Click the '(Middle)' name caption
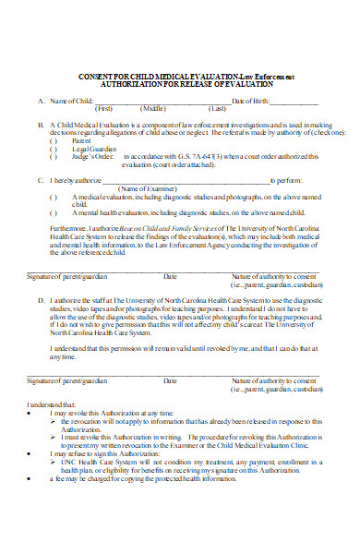(x=152, y=108)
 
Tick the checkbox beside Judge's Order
(x=53, y=155)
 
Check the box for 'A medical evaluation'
(x=53, y=197)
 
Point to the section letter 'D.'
(x=41, y=300)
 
